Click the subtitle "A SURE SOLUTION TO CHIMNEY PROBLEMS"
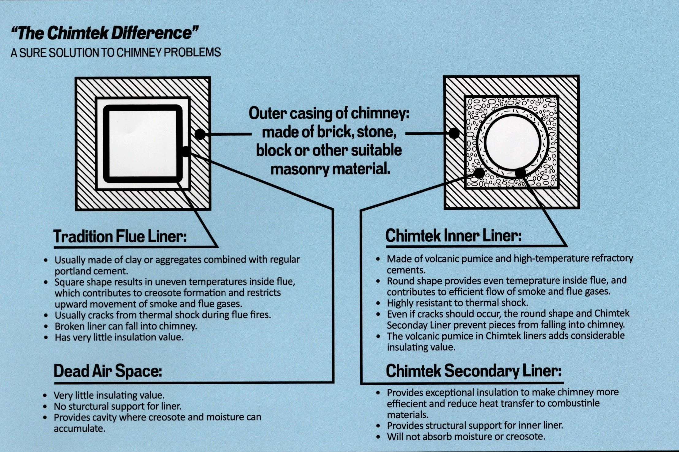pos(116,52)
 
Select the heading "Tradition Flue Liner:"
pos(120,236)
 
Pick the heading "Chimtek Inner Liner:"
pos(453,236)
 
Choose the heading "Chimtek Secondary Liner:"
pos(474,371)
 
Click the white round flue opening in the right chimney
pos(513,143)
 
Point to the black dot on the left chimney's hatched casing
pos(200,134)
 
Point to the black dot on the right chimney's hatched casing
pos(454,133)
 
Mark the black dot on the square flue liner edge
pos(185,151)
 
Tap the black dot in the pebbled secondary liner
pos(479,173)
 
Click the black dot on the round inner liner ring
pos(520,173)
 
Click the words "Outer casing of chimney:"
pos(329,114)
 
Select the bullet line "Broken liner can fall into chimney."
pos(126,326)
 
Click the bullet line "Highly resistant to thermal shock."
pos(457,303)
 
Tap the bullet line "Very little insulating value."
pos(109,395)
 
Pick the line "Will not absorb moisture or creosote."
pos(466,436)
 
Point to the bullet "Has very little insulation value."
pos(119,337)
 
